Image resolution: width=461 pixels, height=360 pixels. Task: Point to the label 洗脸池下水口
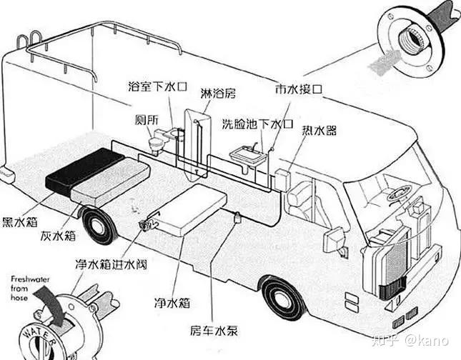(257, 123)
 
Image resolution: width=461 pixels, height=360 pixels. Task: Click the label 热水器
(319, 131)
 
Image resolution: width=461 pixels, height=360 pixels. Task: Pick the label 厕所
(145, 119)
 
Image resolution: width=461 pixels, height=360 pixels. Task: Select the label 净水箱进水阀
(111, 266)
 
